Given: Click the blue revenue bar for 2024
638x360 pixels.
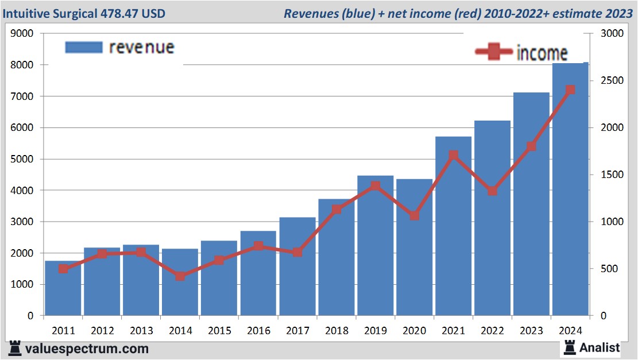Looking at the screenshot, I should pyautogui.click(x=570, y=189).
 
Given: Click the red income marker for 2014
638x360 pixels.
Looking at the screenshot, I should pyautogui.click(x=180, y=276).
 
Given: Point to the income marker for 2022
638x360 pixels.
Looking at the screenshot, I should pyautogui.click(x=492, y=191).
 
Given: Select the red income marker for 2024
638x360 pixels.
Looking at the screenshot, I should pyautogui.click(x=570, y=90).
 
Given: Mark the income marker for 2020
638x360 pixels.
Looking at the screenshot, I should pyautogui.click(x=414, y=216).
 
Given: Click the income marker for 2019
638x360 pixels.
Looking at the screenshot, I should pyautogui.click(x=375, y=186).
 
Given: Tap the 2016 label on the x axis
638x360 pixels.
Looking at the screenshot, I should pyautogui.click(x=258, y=331).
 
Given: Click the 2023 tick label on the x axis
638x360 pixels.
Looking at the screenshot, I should pyautogui.click(x=531, y=331).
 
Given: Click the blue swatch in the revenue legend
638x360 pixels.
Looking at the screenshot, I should pyautogui.click(x=84, y=47).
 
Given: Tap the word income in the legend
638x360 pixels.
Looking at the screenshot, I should pyautogui.click(x=542, y=53).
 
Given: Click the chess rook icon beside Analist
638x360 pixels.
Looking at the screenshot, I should pyautogui.click(x=570, y=347).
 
